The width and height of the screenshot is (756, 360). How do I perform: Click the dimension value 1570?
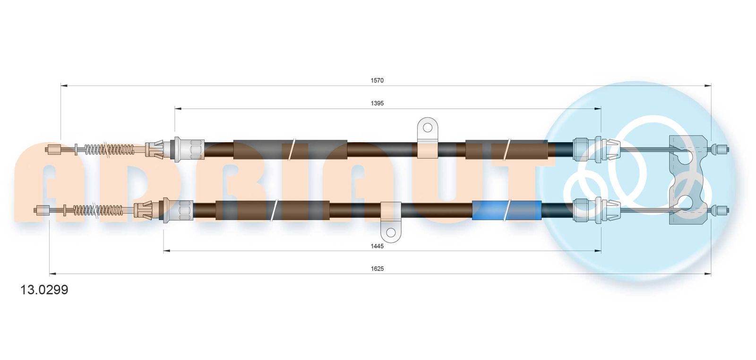click(x=377, y=80)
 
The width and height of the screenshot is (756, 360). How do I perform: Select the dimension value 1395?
click(x=377, y=103)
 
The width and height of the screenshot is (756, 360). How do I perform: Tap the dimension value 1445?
click(x=377, y=246)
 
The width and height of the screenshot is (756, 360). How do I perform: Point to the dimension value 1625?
click(x=377, y=268)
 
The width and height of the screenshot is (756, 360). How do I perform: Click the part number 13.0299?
click(x=44, y=290)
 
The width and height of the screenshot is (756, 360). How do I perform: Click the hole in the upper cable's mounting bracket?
click(x=427, y=128)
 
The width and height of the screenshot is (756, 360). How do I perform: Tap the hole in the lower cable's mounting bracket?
click(x=390, y=232)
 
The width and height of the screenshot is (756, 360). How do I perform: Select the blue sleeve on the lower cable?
click(x=507, y=210)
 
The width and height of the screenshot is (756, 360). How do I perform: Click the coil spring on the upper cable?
click(x=109, y=149)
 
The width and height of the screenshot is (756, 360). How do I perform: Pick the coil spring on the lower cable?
click(x=98, y=210)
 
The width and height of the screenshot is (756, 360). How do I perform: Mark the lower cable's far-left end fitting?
click(x=42, y=210)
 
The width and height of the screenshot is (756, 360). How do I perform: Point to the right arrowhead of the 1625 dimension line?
click(x=708, y=274)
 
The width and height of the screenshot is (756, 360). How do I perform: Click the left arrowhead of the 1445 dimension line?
click(x=167, y=251)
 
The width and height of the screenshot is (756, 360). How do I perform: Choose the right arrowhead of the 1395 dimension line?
click(x=597, y=109)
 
